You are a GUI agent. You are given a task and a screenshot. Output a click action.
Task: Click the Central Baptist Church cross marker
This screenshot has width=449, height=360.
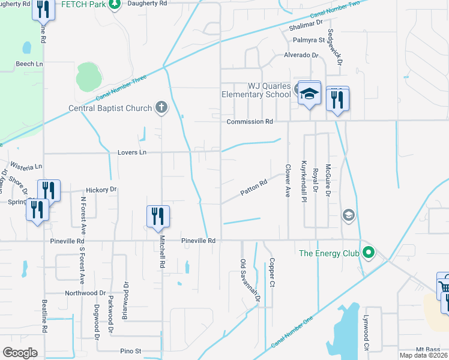(161, 107)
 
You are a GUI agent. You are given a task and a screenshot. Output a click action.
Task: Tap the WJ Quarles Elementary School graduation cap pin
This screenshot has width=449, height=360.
(310, 94)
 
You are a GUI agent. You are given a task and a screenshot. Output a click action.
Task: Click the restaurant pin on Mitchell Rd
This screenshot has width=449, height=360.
(158, 216)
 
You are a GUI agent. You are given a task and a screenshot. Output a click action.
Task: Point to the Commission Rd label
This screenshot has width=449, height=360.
(250, 122)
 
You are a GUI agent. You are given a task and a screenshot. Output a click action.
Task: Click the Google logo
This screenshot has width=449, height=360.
(20, 353)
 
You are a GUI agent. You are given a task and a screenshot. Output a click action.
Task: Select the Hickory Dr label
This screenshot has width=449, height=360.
(100, 190)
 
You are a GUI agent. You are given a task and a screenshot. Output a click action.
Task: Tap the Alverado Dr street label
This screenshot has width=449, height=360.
(301, 55)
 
